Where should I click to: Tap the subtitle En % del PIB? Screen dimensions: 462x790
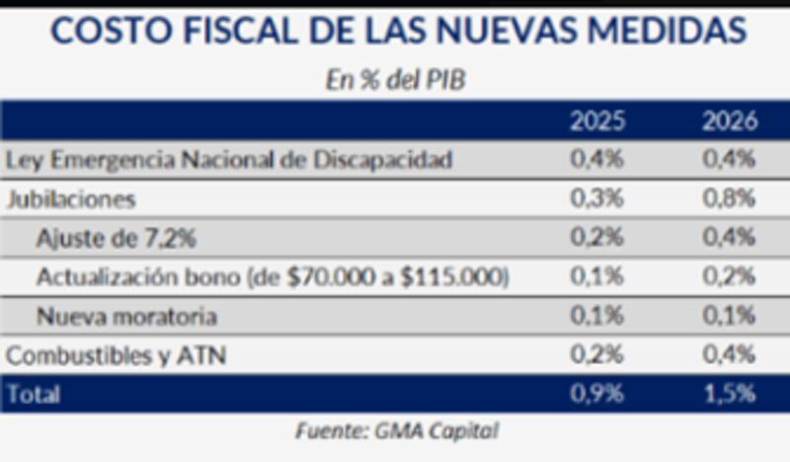click(x=395, y=81)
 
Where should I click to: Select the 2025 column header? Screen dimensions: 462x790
click(x=596, y=122)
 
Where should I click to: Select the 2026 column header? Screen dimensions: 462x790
click(x=729, y=122)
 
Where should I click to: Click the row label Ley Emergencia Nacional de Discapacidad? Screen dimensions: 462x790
click(x=229, y=160)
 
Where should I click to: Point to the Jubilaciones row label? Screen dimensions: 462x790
click(x=70, y=198)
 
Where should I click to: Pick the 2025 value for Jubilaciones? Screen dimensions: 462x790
click(x=596, y=198)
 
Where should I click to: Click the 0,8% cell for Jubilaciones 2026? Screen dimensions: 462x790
click(x=729, y=198)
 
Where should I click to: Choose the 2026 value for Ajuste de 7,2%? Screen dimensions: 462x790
click(x=729, y=238)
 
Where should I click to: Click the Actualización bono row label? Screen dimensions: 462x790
click(x=272, y=278)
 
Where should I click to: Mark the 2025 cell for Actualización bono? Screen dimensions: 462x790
click(x=596, y=278)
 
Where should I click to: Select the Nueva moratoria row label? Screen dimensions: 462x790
click(x=125, y=317)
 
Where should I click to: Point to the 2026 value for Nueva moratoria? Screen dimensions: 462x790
click(x=729, y=317)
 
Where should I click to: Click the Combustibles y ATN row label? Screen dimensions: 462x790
click(x=116, y=355)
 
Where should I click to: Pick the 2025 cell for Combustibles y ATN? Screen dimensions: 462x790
click(x=596, y=355)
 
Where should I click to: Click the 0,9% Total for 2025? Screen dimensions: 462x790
click(x=596, y=395)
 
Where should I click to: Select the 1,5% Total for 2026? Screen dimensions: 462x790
click(x=729, y=395)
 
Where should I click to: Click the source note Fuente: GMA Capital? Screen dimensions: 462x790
click(x=395, y=433)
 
